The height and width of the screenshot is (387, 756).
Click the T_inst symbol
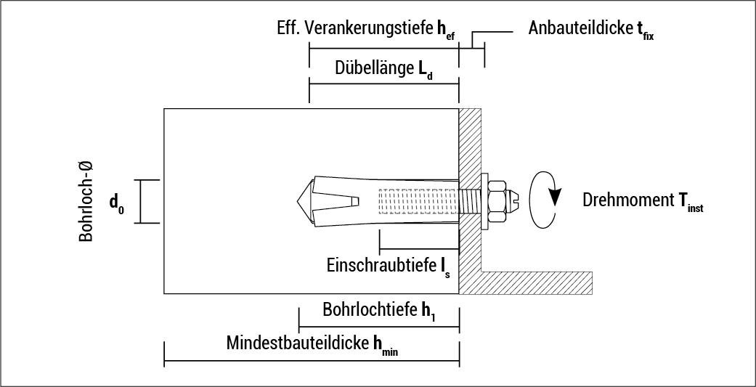691,204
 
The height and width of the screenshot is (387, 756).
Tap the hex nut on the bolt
497,199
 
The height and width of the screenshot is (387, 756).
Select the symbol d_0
116,204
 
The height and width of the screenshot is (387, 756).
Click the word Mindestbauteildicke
298,343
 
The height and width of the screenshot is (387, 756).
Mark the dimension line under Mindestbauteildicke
312,360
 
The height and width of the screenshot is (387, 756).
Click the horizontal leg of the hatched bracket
537,282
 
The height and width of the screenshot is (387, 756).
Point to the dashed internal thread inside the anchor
418,200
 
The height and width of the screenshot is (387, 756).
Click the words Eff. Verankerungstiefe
356,30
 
